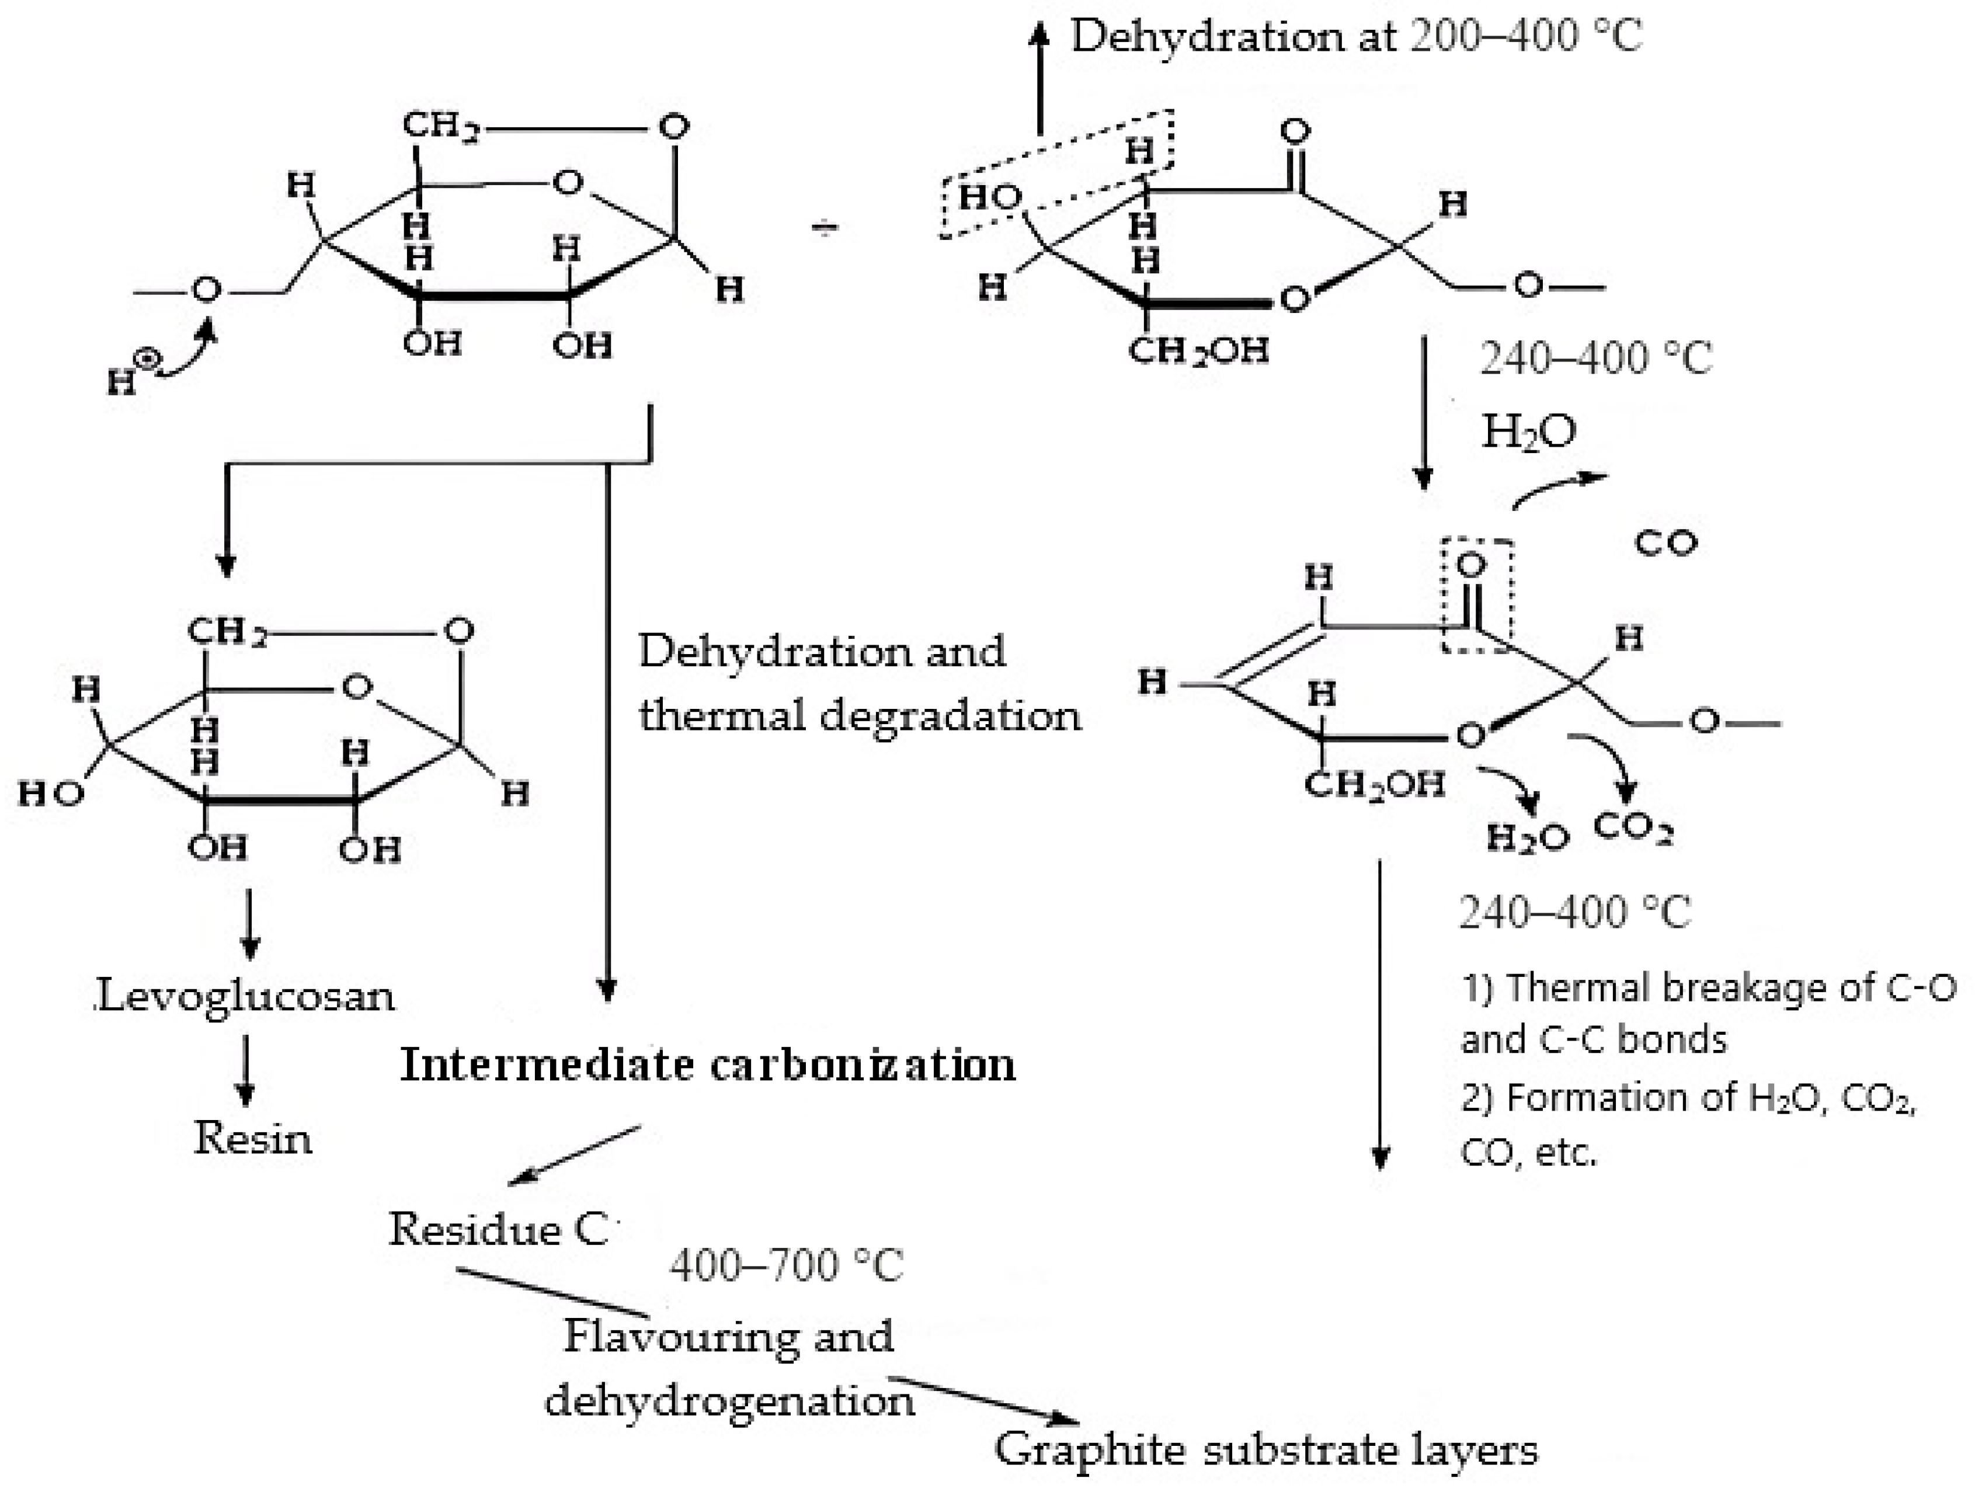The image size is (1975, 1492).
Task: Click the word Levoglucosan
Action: (245, 996)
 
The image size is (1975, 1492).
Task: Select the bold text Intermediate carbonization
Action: (707, 1065)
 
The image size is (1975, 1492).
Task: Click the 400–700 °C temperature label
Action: (785, 1266)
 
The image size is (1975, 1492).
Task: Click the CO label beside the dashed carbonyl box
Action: (1665, 543)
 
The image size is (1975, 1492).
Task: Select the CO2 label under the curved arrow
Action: (1632, 829)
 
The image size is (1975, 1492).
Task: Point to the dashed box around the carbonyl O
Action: (1477, 596)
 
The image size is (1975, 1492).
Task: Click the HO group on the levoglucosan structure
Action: (50, 794)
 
